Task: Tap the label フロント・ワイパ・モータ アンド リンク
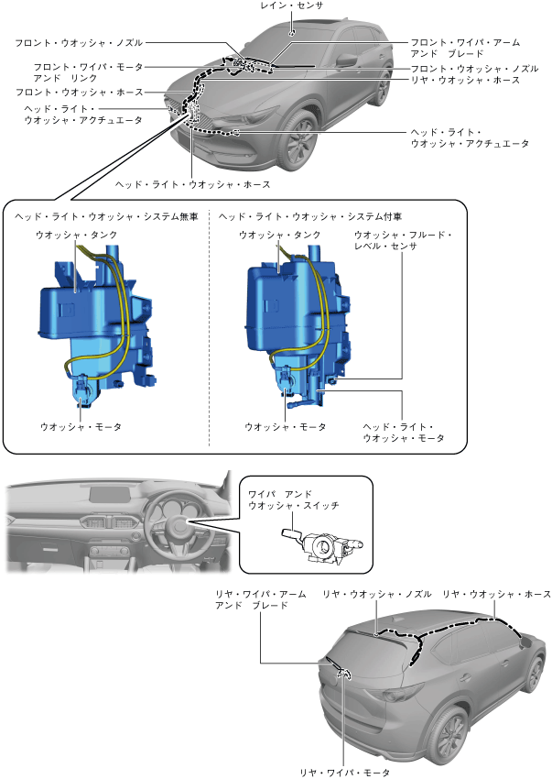pyautogui.click(x=89, y=72)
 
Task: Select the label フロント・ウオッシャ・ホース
pyautogui.click(x=79, y=93)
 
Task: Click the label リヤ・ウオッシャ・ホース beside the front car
pyautogui.click(x=465, y=81)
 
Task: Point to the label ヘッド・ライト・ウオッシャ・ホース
pyautogui.click(x=192, y=184)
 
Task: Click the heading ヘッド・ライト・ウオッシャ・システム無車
pyautogui.click(x=106, y=217)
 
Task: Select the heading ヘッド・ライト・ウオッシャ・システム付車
pyautogui.click(x=311, y=217)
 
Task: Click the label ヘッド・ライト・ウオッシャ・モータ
pyautogui.click(x=403, y=433)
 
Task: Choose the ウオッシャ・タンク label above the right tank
pyautogui.click(x=279, y=236)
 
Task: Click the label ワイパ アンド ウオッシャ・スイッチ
pyautogui.click(x=293, y=499)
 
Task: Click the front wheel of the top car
pyautogui.click(x=299, y=147)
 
